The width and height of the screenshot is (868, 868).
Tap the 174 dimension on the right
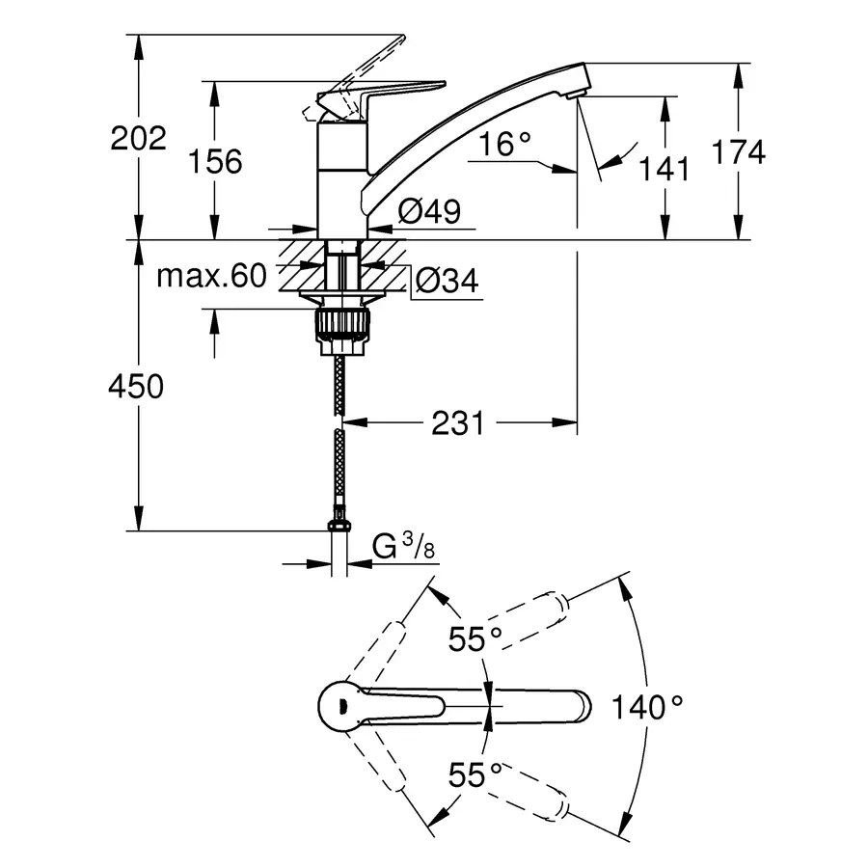[739, 151]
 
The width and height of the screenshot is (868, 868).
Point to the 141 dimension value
[665, 169]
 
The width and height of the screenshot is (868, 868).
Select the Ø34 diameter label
[446, 281]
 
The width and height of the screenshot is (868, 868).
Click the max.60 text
[210, 278]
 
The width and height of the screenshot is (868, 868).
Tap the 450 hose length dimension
[137, 387]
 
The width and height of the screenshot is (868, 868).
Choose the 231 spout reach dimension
[457, 422]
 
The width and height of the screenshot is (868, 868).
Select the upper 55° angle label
[475, 637]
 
